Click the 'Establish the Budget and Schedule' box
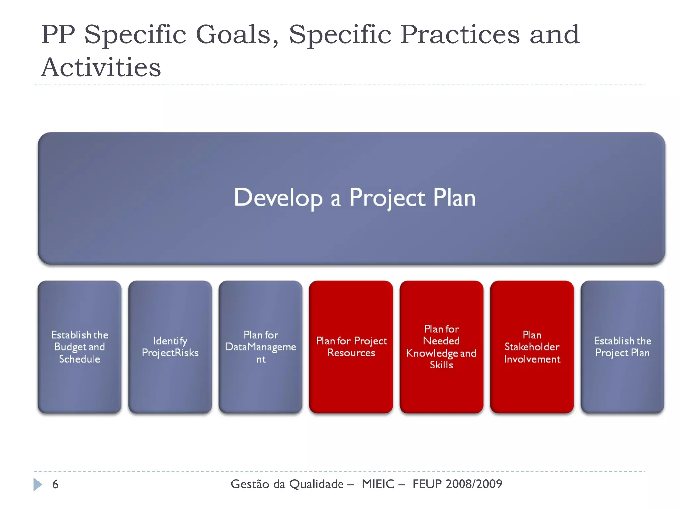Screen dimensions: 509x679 pyautogui.click(x=80, y=347)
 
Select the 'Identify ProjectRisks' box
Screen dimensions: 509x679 pyautogui.click(x=170, y=347)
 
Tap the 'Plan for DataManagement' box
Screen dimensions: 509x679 pyautogui.click(x=261, y=347)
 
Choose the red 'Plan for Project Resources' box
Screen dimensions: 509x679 pyautogui.click(x=351, y=347)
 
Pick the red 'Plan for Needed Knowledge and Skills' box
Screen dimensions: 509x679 pyautogui.click(x=441, y=347)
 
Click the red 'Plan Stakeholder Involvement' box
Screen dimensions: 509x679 pyautogui.click(x=532, y=347)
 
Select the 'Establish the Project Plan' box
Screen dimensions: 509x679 pyautogui.click(x=622, y=347)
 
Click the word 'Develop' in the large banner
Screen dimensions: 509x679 pyautogui.click(x=278, y=198)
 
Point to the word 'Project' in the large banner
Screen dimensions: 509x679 pyautogui.click(x=387, y=198)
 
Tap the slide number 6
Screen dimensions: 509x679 pyautogui.click(x=55, y=484)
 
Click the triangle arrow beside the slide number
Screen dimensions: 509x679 pyautogui.click(x=38, y=484)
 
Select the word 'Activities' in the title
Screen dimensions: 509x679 pyautogui.click(x=101, y=67)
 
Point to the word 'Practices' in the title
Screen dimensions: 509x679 pyautogui.click(x=460, y=34)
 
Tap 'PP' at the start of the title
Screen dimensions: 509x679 pyautogui.click(x=58, y=34)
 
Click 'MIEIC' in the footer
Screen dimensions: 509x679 pyautogui.click(x=378, y=484)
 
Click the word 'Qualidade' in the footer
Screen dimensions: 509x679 pyautogui.click(x=317, y=484)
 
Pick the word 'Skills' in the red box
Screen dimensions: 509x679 pyautogui.click(x=441, y=365)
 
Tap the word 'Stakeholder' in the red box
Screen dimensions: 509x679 pyautogui.click(x=532, y=347)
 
